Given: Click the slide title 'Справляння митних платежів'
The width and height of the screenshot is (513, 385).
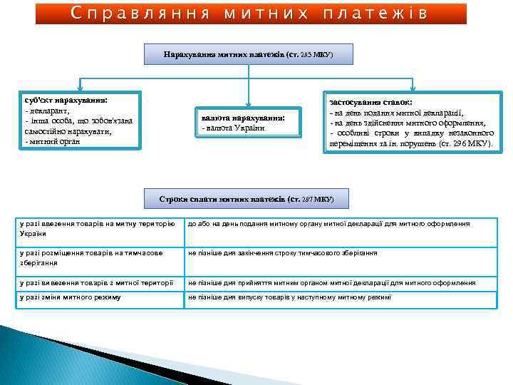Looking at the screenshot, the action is coord(251,14).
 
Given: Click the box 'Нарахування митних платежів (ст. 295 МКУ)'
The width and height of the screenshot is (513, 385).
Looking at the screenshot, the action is coord(248,55).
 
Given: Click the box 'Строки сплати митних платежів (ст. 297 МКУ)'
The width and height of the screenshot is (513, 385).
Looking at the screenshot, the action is coord(246,198).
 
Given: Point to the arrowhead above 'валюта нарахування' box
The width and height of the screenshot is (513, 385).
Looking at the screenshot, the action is coord(248,102).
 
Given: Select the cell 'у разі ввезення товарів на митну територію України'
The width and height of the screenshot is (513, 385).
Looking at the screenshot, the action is coord(98,229).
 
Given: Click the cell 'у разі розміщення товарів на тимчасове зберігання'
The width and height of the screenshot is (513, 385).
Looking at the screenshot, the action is coord(98,257).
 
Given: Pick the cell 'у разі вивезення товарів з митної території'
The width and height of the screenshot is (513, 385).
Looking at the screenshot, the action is coord(98,283).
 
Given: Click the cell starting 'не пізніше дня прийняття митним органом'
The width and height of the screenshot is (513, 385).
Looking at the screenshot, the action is coord(340,283).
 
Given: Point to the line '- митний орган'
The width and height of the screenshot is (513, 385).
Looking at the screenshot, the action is coord(53,141).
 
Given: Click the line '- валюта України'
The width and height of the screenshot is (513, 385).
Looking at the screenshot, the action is coord(234,128).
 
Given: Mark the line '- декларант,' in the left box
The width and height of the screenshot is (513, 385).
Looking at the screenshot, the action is coord(48,111).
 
